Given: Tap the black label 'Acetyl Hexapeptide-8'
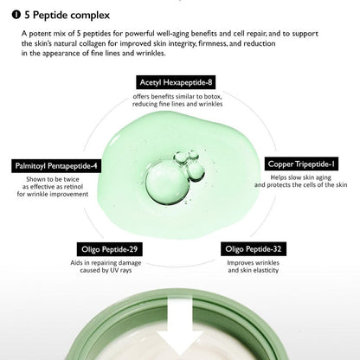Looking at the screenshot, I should point(180,81).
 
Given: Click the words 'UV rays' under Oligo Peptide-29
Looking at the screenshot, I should point(118,270).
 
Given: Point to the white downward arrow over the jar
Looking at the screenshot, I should point(180,330).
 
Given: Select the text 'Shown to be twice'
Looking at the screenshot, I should point(53,177).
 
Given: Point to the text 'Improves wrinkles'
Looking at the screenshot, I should point(257,260).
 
